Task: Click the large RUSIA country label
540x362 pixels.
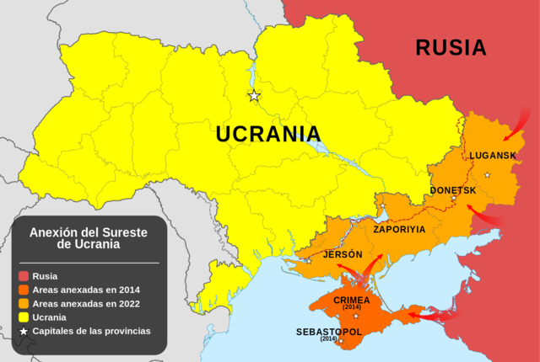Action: tap(451, 47)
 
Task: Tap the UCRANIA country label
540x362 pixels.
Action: tap(268, 134)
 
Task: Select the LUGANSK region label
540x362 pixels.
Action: tap(492, 156)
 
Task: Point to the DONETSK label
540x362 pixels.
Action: tap(453, 190)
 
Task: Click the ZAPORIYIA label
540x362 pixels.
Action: tap(399, 228)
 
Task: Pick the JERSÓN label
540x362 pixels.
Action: tap(343, 254)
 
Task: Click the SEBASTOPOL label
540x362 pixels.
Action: tap(328, 332)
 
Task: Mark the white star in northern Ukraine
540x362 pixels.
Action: tap(254, 96)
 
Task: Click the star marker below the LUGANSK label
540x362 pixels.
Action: tap(487, 174)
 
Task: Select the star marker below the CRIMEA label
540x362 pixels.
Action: tap(355, 316)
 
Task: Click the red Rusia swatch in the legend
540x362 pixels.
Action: tap(24, 274)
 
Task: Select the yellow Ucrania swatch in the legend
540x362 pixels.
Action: tap(24, 317)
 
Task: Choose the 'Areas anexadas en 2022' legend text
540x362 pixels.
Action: tap(86, 303)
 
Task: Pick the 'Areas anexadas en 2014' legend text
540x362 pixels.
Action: tap(86, 289)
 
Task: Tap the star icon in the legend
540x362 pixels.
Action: tap(24, 332)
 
